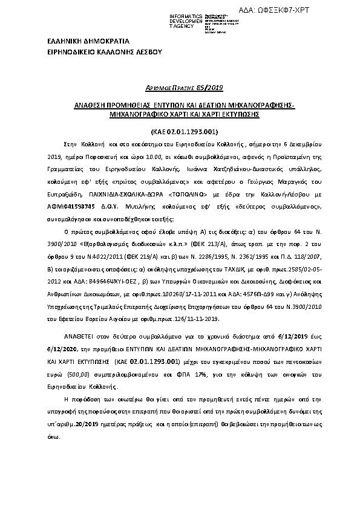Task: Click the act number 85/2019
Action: click(x=211, y=88)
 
